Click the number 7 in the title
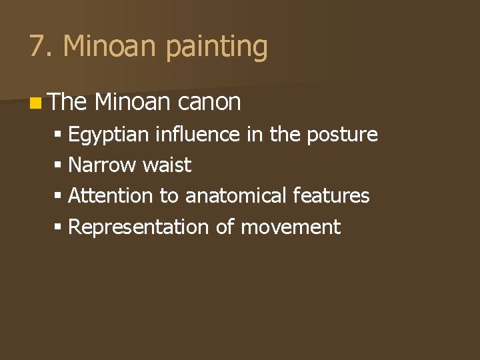click(x=37, y=47)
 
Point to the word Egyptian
click(x=109, y=135)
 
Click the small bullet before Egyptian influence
click(x=59, y=135)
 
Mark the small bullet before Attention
click(x=59, y=197)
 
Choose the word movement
click(x=290, y=227)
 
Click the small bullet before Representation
click(x=59, y=227)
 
